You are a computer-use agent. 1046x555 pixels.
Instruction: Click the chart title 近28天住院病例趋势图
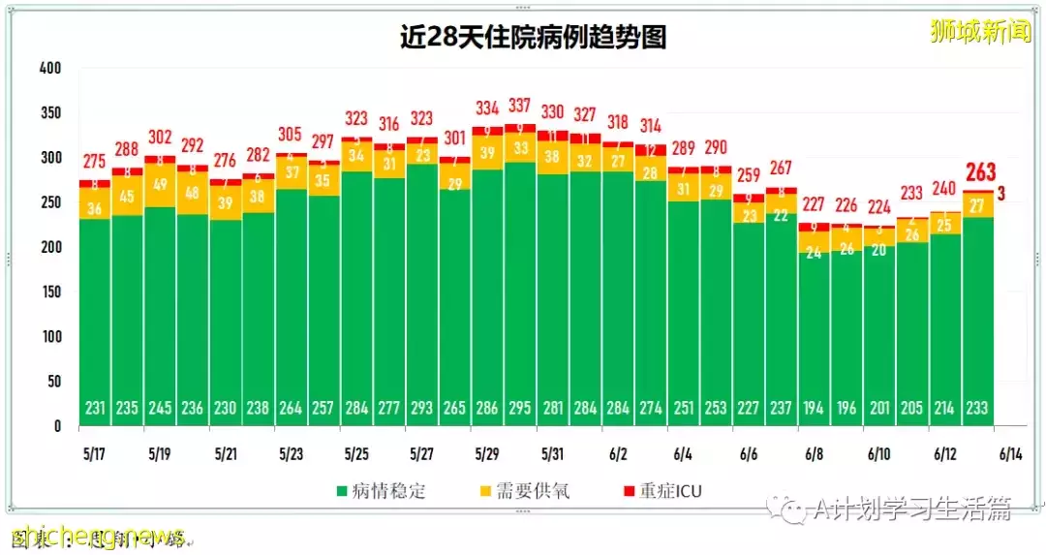534,37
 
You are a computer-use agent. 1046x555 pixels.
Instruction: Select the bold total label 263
980,172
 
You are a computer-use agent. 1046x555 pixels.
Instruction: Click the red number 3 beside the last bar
1001,194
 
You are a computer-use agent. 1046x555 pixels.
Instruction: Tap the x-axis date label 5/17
95,453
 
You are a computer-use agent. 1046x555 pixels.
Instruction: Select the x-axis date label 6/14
1010,453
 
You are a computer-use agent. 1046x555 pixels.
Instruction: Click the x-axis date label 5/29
487,453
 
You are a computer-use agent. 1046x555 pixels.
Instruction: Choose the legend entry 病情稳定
378,491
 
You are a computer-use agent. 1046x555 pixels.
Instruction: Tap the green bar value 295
521,409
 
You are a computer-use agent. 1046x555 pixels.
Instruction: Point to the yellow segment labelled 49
161,185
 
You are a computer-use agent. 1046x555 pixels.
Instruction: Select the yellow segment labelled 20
879,249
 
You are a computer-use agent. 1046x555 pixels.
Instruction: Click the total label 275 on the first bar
95,162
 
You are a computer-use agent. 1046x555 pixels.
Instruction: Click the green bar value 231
95,409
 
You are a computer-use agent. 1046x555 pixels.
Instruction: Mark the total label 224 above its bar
879,206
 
